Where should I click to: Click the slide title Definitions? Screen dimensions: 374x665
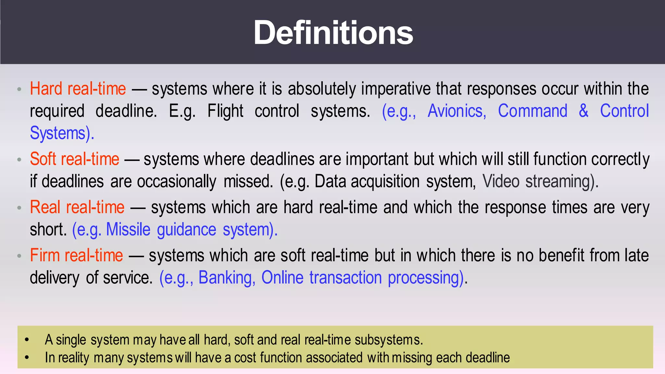tap(333, 32)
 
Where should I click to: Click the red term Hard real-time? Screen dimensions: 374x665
tap(78, 89)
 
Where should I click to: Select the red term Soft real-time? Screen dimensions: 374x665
tap(74, 159)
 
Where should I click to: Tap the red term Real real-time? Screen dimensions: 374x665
tap(77, 207)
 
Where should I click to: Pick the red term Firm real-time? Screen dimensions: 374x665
tap(76, 255)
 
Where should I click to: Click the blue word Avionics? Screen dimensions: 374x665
tap(457, 111)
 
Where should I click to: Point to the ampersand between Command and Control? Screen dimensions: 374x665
tap(583, 111)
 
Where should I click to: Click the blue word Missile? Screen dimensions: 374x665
tap(128, 230)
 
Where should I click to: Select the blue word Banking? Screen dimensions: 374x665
tap(226, 278)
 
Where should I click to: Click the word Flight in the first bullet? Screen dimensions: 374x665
tap(225, 111)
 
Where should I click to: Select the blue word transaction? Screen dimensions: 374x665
tap(345, 278)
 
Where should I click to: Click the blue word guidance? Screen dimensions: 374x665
tap(186, 230)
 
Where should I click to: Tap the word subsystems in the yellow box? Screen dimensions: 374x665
tap(388, 340)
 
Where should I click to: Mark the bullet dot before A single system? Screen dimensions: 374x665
tap(27, 340)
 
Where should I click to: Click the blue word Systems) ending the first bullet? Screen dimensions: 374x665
tap(62, 133)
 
